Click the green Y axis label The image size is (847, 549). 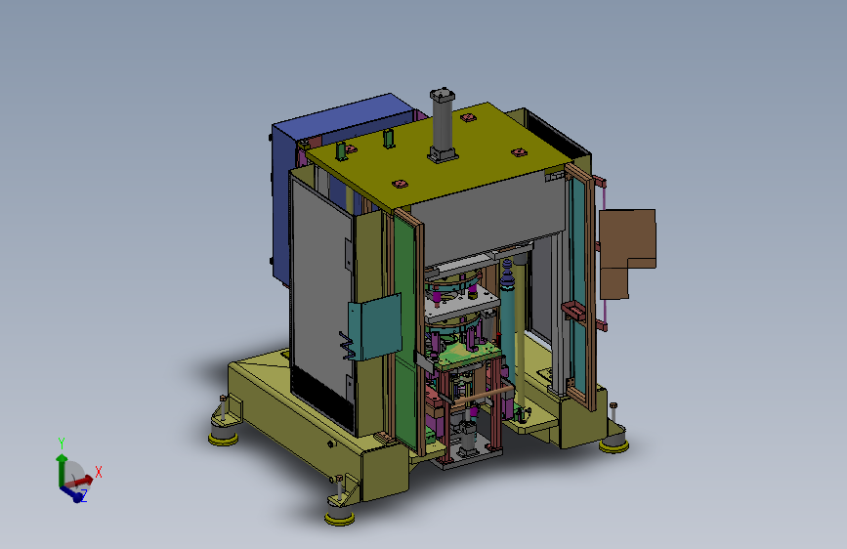(x=62, y=443)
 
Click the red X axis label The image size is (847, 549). (x=99, y=472)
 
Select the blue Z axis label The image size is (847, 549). (x=83, y=496)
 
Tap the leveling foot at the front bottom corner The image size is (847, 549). (x=339, y=510)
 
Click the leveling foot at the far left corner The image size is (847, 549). (x=224, y=431)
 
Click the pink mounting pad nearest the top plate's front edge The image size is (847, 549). (x=398, y=183)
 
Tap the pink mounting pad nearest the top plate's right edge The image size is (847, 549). (x=519, y=152)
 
